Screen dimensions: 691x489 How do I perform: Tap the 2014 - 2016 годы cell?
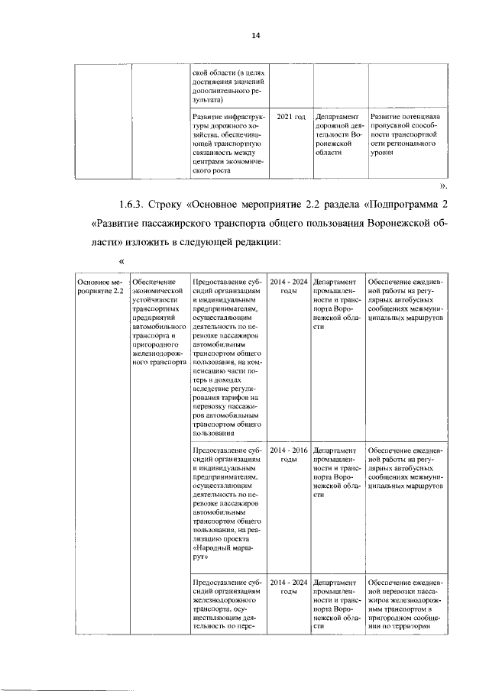(x=290, y=455)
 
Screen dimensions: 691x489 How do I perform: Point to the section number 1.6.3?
(x=134, y=205)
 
